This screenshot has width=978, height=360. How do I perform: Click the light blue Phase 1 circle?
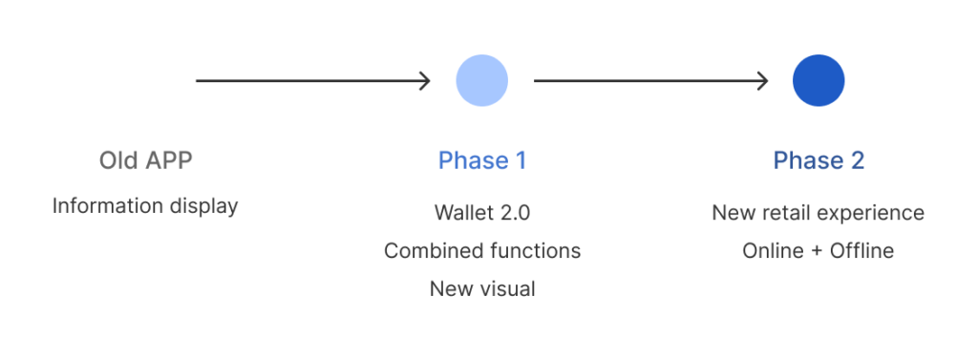481,80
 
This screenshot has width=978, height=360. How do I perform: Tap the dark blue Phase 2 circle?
819,80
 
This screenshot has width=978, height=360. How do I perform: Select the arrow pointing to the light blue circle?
313,80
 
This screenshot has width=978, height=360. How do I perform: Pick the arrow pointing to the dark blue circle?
650,80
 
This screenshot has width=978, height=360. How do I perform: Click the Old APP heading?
145,160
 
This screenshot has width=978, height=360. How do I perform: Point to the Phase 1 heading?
482,160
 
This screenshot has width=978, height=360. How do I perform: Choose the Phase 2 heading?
819,160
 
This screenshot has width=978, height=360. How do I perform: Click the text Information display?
145,206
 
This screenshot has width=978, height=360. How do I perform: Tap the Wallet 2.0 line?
482,213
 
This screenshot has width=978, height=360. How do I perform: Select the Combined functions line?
482,251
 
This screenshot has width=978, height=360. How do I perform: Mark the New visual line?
482,289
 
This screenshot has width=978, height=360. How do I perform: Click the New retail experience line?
819,213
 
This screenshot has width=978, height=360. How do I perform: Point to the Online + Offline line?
819,251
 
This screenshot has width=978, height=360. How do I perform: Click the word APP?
168,160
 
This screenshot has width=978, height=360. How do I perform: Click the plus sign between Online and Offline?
818,251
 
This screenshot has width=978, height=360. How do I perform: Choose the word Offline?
862,251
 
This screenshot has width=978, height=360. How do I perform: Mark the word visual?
508,289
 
